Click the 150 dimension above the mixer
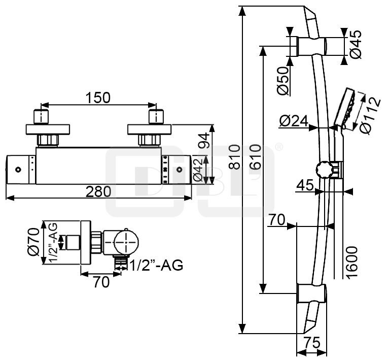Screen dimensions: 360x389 tap(98, 98)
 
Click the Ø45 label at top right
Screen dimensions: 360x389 tap(356, 45)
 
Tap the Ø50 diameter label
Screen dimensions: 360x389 tap(283, 80)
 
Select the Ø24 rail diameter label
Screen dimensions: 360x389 tap(294, 121)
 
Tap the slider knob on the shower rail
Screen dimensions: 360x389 tap(323, 169)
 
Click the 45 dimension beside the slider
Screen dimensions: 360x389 tap(304, 185)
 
